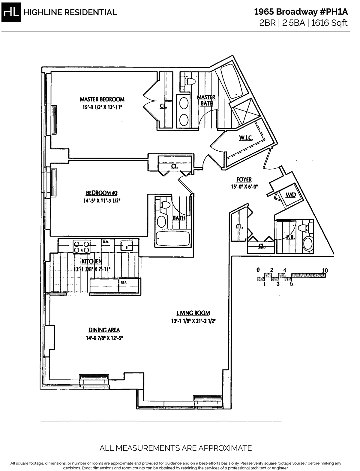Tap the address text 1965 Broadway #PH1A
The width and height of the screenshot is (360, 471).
point(301,12)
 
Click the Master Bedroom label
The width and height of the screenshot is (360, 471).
point(102,99)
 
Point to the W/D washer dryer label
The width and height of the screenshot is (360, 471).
point(290,195)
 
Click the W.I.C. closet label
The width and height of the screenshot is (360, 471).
point(246,138)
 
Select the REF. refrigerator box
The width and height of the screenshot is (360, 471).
point(129,285)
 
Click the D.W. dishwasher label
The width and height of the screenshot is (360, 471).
point(106,242)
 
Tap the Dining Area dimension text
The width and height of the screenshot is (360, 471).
point(104,338)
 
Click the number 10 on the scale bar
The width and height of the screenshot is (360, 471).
point(325,270)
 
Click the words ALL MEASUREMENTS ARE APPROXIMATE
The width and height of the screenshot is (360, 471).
point(175,448)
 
